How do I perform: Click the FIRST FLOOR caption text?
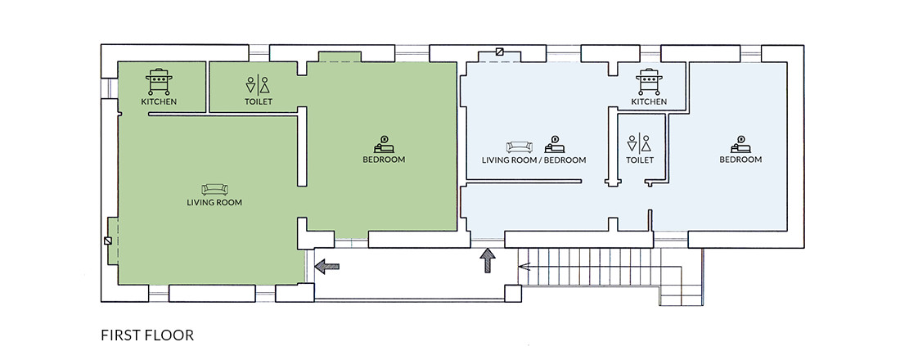(x=147, y=335)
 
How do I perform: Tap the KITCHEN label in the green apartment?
(x=159, y=101)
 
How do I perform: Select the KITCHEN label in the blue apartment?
(x=649, y=101)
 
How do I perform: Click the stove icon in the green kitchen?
(x=159, y=82)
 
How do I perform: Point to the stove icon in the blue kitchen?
(x=649, y=82)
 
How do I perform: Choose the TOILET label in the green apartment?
(x=258, y=101)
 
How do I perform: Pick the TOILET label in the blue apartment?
(x=640, y=160)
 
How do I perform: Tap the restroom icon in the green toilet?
(x=258, y=84)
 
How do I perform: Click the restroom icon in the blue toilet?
(x=640, y=143)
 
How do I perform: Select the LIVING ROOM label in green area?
(x=214, y=203)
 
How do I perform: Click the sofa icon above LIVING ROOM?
(x=214, y=189)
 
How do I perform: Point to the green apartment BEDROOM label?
(x=384, y=160)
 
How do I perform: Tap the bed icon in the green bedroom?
(x=384, y=144)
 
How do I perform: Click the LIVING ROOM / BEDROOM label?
(x=533, y=160)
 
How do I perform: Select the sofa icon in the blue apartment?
(x=519, y=147)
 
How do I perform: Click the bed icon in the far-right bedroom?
(x=741, y=144)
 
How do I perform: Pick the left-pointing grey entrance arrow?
(x=327, y=266)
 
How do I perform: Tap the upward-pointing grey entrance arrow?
(x=488, y=260)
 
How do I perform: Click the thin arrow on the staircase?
(x=524, y=266)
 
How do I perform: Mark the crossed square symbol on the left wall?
(x=108, y=241)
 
